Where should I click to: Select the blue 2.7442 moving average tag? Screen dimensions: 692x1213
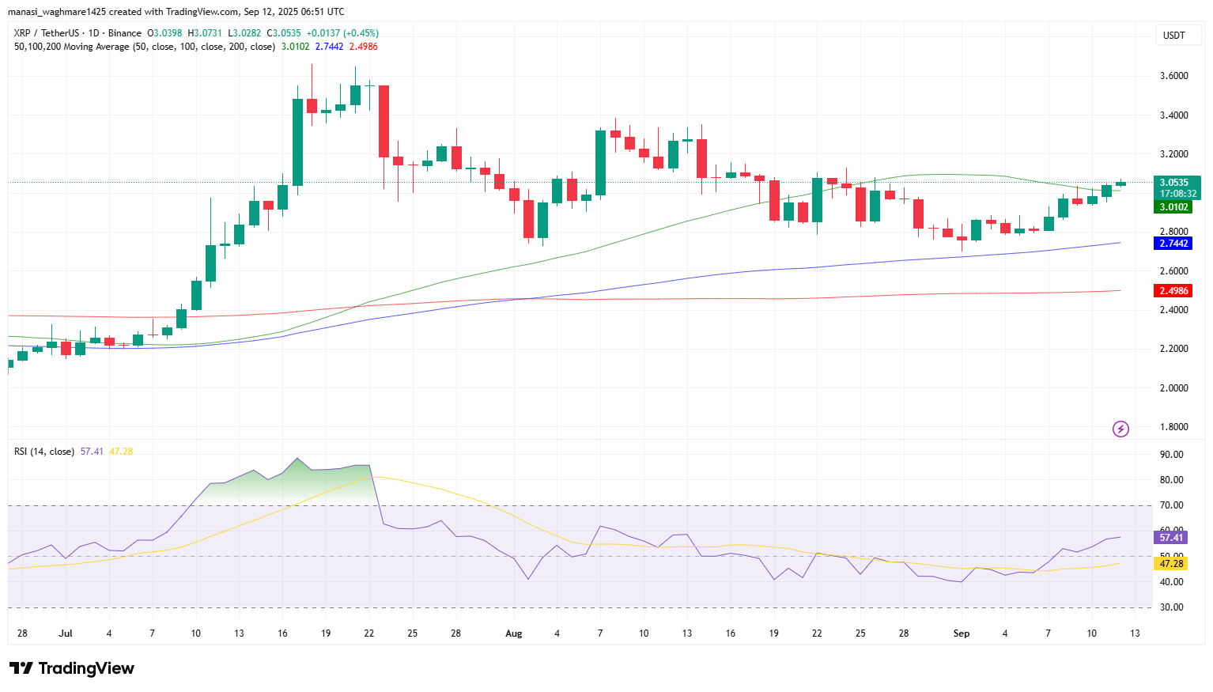(1173, 244)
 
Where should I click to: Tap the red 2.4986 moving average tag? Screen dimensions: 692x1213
(1173, 291)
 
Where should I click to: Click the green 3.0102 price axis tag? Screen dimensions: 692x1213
(1173, 207)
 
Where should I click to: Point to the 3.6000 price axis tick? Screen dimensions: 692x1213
(1173, 76)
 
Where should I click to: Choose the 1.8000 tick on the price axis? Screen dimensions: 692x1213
(1173, 427)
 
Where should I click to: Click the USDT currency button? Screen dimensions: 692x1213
(1173, 36)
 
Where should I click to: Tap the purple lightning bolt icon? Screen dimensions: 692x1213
(1120, 429)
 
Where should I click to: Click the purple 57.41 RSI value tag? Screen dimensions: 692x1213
(1170, 538)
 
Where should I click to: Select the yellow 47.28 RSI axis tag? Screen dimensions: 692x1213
(1170, 564)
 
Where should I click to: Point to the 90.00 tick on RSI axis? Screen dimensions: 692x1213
(1171, 455)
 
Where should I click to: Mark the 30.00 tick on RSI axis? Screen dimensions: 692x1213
(1171, 607)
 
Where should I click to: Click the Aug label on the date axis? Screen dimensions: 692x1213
(514, 633)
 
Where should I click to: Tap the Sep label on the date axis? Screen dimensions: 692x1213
(962, 633)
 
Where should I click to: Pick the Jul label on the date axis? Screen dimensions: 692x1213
(66, 633)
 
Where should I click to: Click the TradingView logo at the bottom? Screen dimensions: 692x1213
(72, 668)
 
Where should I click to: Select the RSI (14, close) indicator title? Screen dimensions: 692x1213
(44, 452)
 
